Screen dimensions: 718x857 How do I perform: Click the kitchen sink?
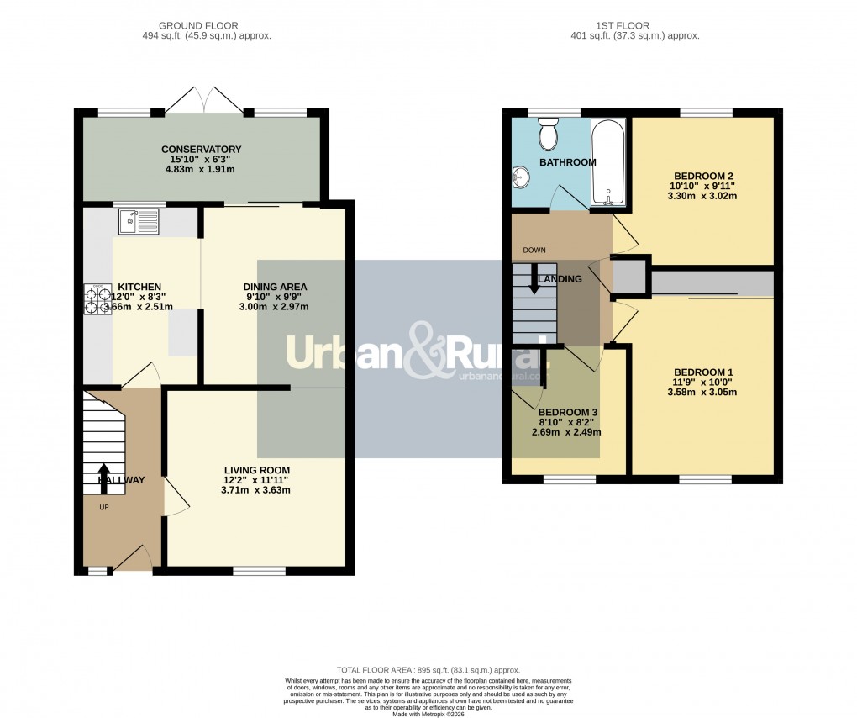139,222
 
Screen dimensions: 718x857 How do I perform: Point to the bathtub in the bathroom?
607,162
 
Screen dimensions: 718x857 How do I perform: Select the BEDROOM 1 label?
703,372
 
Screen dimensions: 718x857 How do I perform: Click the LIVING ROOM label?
256,470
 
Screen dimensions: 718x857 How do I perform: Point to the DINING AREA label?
276,287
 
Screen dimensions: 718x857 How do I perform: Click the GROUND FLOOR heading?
207,25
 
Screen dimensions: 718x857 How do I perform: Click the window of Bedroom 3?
570,480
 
